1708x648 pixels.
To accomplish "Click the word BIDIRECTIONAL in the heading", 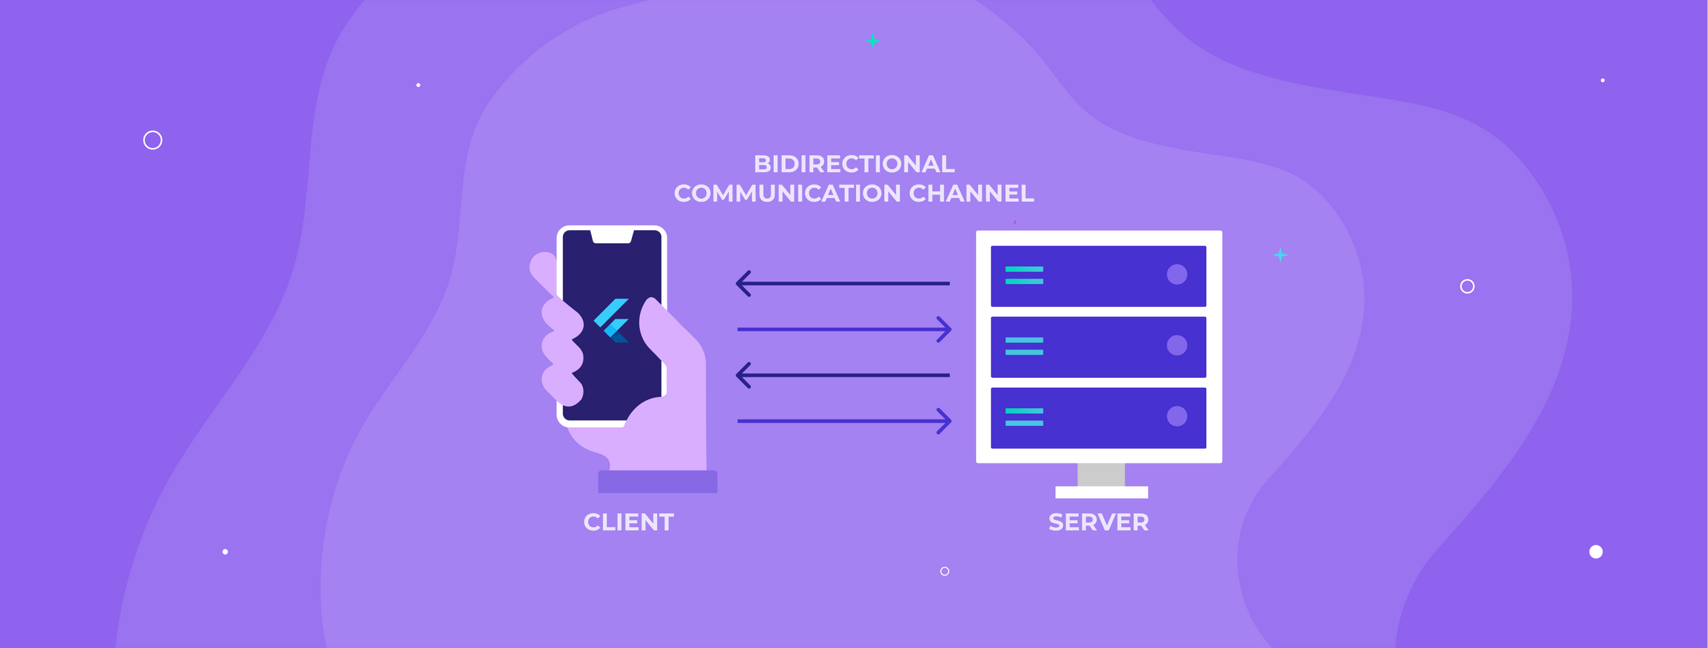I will pos(853,164).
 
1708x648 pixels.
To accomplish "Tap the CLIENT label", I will pos(628,522).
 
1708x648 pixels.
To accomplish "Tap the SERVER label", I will pos(1098,522).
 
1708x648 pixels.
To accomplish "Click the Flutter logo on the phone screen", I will pos(612,320).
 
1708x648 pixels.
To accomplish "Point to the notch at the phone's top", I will pos(612,237).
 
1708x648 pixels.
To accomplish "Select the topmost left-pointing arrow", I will pos(842,283).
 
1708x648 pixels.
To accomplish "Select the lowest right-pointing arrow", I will pos(845,421).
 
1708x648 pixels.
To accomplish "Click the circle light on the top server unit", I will pos(1177,275).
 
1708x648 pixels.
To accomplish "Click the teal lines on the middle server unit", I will pos(1023,346).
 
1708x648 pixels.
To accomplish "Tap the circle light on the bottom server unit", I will pos(1177,416).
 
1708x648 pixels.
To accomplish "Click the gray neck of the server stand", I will pos(1100,474).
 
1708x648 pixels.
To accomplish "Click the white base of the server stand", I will pos(1100,492).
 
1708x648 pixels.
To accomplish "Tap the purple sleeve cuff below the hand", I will pos(657,482).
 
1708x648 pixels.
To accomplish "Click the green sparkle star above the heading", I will pos(872,41).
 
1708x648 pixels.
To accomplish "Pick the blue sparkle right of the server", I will pos(1280,255).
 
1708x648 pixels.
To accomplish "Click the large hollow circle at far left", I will pos(152,140).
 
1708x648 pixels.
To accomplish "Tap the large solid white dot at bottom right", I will pos(1595,552).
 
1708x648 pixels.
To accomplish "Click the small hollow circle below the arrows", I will pos(944,571).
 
